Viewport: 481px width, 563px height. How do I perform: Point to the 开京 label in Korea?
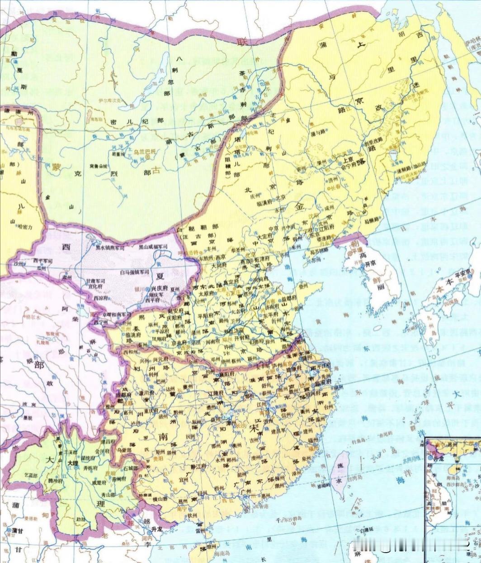[371, 264]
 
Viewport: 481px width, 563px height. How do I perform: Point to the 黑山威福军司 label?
[153, 247]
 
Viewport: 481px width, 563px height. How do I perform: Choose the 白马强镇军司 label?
[134, 272]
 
